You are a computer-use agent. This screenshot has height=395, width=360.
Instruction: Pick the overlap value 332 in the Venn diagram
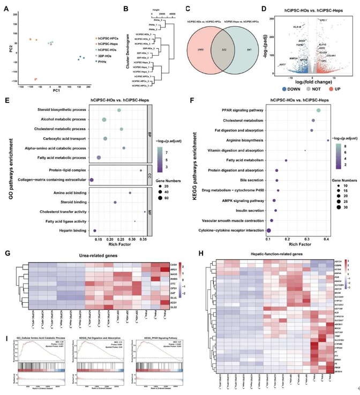(x=219, y=48)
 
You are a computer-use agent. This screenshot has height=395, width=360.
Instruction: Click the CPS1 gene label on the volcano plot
(x=323, y=20)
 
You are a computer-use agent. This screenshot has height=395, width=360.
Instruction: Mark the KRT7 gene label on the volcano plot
(x=282, y=65)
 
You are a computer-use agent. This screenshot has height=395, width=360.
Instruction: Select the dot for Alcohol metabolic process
(x=104, y=120)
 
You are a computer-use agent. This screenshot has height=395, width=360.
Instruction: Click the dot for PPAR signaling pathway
(x=319, y=110)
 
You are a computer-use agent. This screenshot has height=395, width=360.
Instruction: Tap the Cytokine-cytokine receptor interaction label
(x=226, y=230)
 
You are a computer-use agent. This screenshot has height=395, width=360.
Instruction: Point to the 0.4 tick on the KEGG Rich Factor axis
(x=326, y=237)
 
